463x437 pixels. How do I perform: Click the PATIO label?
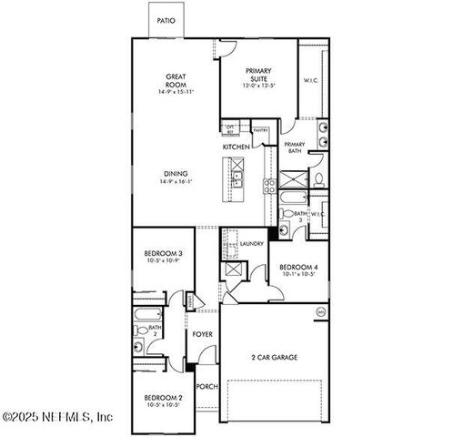pyautogui.click(x=165, y=19)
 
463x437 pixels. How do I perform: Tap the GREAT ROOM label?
pyautogui.click(x=176, y=80)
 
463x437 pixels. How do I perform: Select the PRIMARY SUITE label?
pyautogui.click(x=259, y=75)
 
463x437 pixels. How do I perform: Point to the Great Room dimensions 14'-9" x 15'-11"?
pyautogui.click(x=176, y=92)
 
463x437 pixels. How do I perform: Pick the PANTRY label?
pyautogui.click(x=260, y=130)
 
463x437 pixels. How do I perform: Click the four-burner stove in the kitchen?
pyautogui.click(x=270, y=186)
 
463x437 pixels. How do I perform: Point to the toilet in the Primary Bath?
pyautogui.click(x=318, y=179)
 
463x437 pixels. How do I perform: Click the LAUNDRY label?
pyautogui.click(x=251, y=244)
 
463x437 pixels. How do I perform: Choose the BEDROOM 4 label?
pyautogui.click(x=299, y=266)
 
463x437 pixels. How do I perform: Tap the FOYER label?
pyautogui.click(x=202, y=334)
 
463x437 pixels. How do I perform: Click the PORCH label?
pyautogui.click(x=206, y=386)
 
